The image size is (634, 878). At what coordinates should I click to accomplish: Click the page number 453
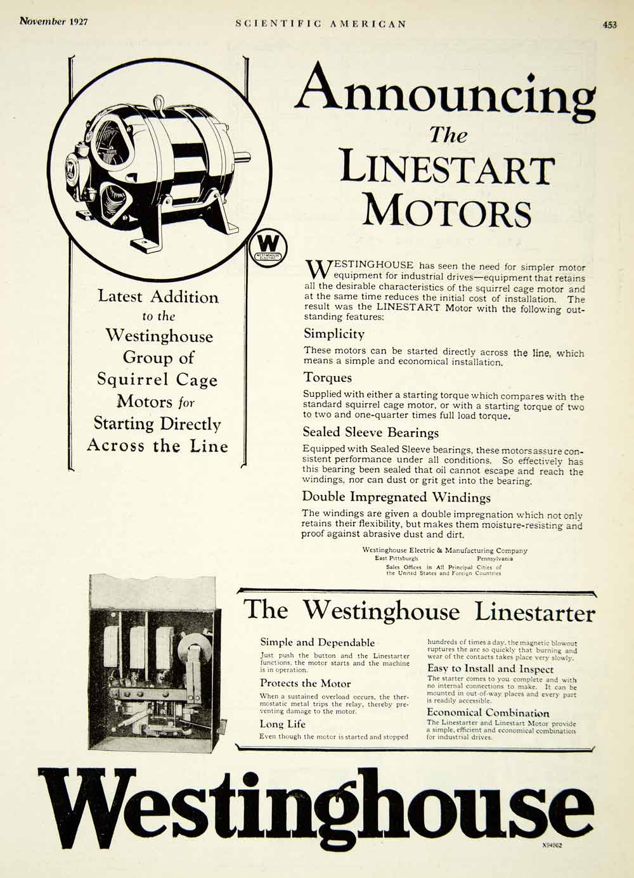[x=609, y=25]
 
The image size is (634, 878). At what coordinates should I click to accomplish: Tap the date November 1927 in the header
[x=54, y=22]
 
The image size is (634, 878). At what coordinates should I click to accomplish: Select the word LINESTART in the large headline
[x=447, y=169]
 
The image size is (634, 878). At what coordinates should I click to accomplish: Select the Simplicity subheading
[x=333, y=333]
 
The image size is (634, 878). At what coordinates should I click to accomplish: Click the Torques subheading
[x=327, y=378]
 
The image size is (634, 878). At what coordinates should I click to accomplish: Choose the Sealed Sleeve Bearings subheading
[x=370, y=432]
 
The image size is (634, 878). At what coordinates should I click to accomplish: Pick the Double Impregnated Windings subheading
[x=396, y=497]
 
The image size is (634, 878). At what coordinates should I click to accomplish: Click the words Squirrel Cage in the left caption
[x=157, y=380]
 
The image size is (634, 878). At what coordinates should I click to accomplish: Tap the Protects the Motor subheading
[x=305, y=683]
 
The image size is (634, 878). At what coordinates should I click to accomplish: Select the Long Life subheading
[x=282, y=724]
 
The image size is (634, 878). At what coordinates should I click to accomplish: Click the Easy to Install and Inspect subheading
[x=490, y=669]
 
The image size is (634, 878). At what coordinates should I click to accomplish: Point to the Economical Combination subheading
[x=488, y=713]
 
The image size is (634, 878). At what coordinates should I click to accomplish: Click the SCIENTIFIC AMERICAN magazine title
[x=320, y=23]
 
